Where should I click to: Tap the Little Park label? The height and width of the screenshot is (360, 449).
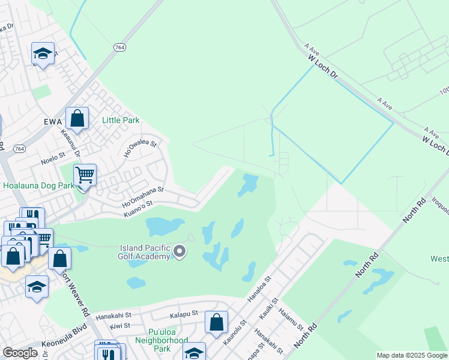pos(121,120)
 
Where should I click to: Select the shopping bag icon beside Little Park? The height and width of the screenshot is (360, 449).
pos(77,119)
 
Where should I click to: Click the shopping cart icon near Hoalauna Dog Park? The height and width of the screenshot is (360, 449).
pos(85,176)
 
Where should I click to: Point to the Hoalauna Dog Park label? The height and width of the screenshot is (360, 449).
pos(38,186)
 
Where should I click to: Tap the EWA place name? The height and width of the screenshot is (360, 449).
pos(53,122)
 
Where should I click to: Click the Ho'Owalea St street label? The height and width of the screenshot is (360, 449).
pos(140,148)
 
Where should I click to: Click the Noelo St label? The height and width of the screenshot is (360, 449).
pos(52,157)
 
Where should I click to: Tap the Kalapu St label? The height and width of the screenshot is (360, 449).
pos(184,314)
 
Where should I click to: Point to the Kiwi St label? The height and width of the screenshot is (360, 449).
pos(120,326)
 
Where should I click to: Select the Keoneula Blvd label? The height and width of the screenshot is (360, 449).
pos(64,342)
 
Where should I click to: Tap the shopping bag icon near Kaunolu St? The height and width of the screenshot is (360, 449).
pos(216,322)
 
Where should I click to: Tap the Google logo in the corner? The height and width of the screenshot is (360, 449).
pos(20,353)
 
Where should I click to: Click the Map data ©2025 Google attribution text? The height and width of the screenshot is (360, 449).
pos(411,355)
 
